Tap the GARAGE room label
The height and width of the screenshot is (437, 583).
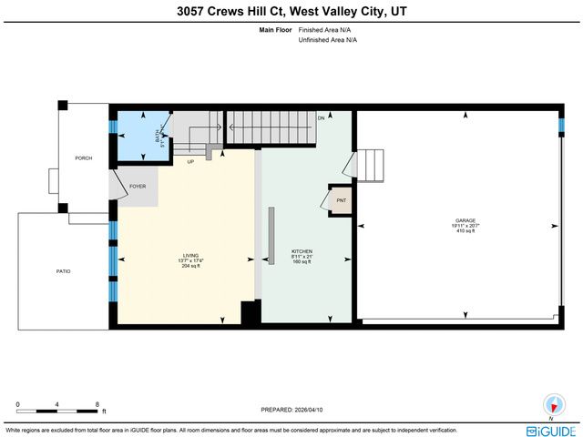click(x=465, y=220)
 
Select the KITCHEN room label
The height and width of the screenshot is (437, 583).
click(x=302, y=250)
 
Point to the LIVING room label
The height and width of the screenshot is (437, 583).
click(x=191, y=256)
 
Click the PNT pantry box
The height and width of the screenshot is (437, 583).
click(x=341, y=200)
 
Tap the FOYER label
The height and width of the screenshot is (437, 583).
click(x=138, y=187)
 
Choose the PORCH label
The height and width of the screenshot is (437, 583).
click(x=84, y=158)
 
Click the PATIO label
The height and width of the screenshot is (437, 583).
click(x=63, y=271)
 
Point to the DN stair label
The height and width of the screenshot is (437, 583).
click(x=321, y=118)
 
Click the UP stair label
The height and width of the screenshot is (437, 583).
click(x=190, y=162)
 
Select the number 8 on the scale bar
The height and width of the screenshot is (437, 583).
click(x=97, y=403)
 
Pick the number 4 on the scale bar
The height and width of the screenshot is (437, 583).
click(x=57, y=403)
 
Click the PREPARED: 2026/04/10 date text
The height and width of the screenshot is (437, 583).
click(x=291, y=408)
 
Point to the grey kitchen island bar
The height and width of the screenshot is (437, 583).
click(x=271, y=235)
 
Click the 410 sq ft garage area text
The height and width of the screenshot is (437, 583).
click(x=465, y=231)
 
